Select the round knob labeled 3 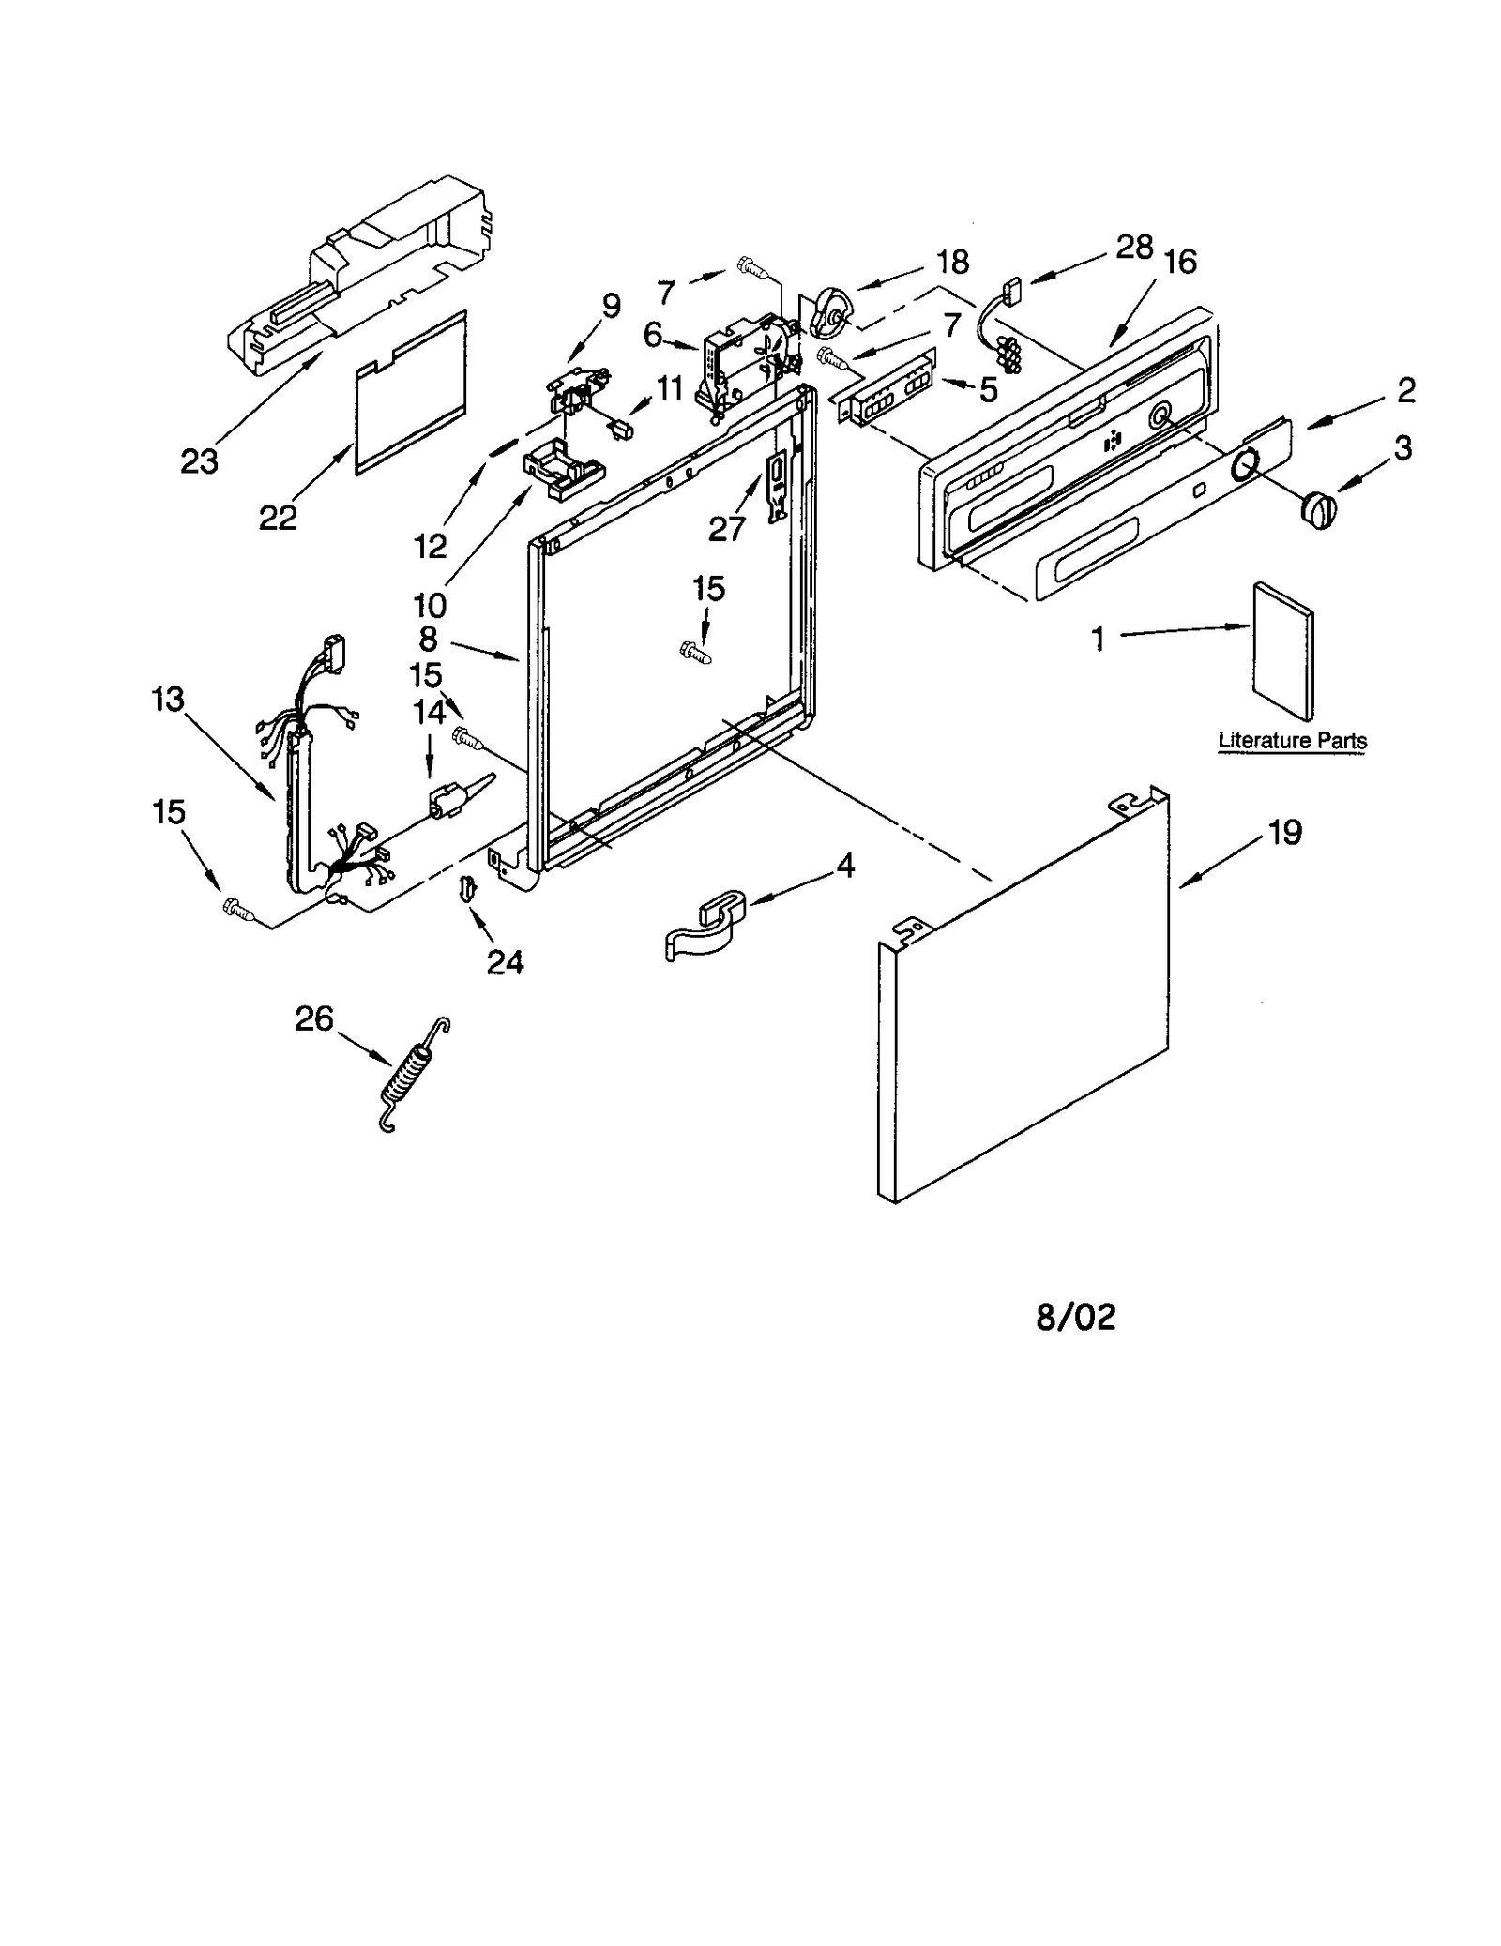pos(1317,511)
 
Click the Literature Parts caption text pos(1292,740)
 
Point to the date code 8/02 pos(1076,1318)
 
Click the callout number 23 pos(199,461)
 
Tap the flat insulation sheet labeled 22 pos(410,394)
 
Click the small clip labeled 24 pos(466,886)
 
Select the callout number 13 pos(169,700)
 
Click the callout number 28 pos(1134,248)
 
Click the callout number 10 pos(430,605)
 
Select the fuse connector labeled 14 pos(450,797)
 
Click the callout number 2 pos(1405,391)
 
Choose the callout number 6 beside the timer pos(653,335)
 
